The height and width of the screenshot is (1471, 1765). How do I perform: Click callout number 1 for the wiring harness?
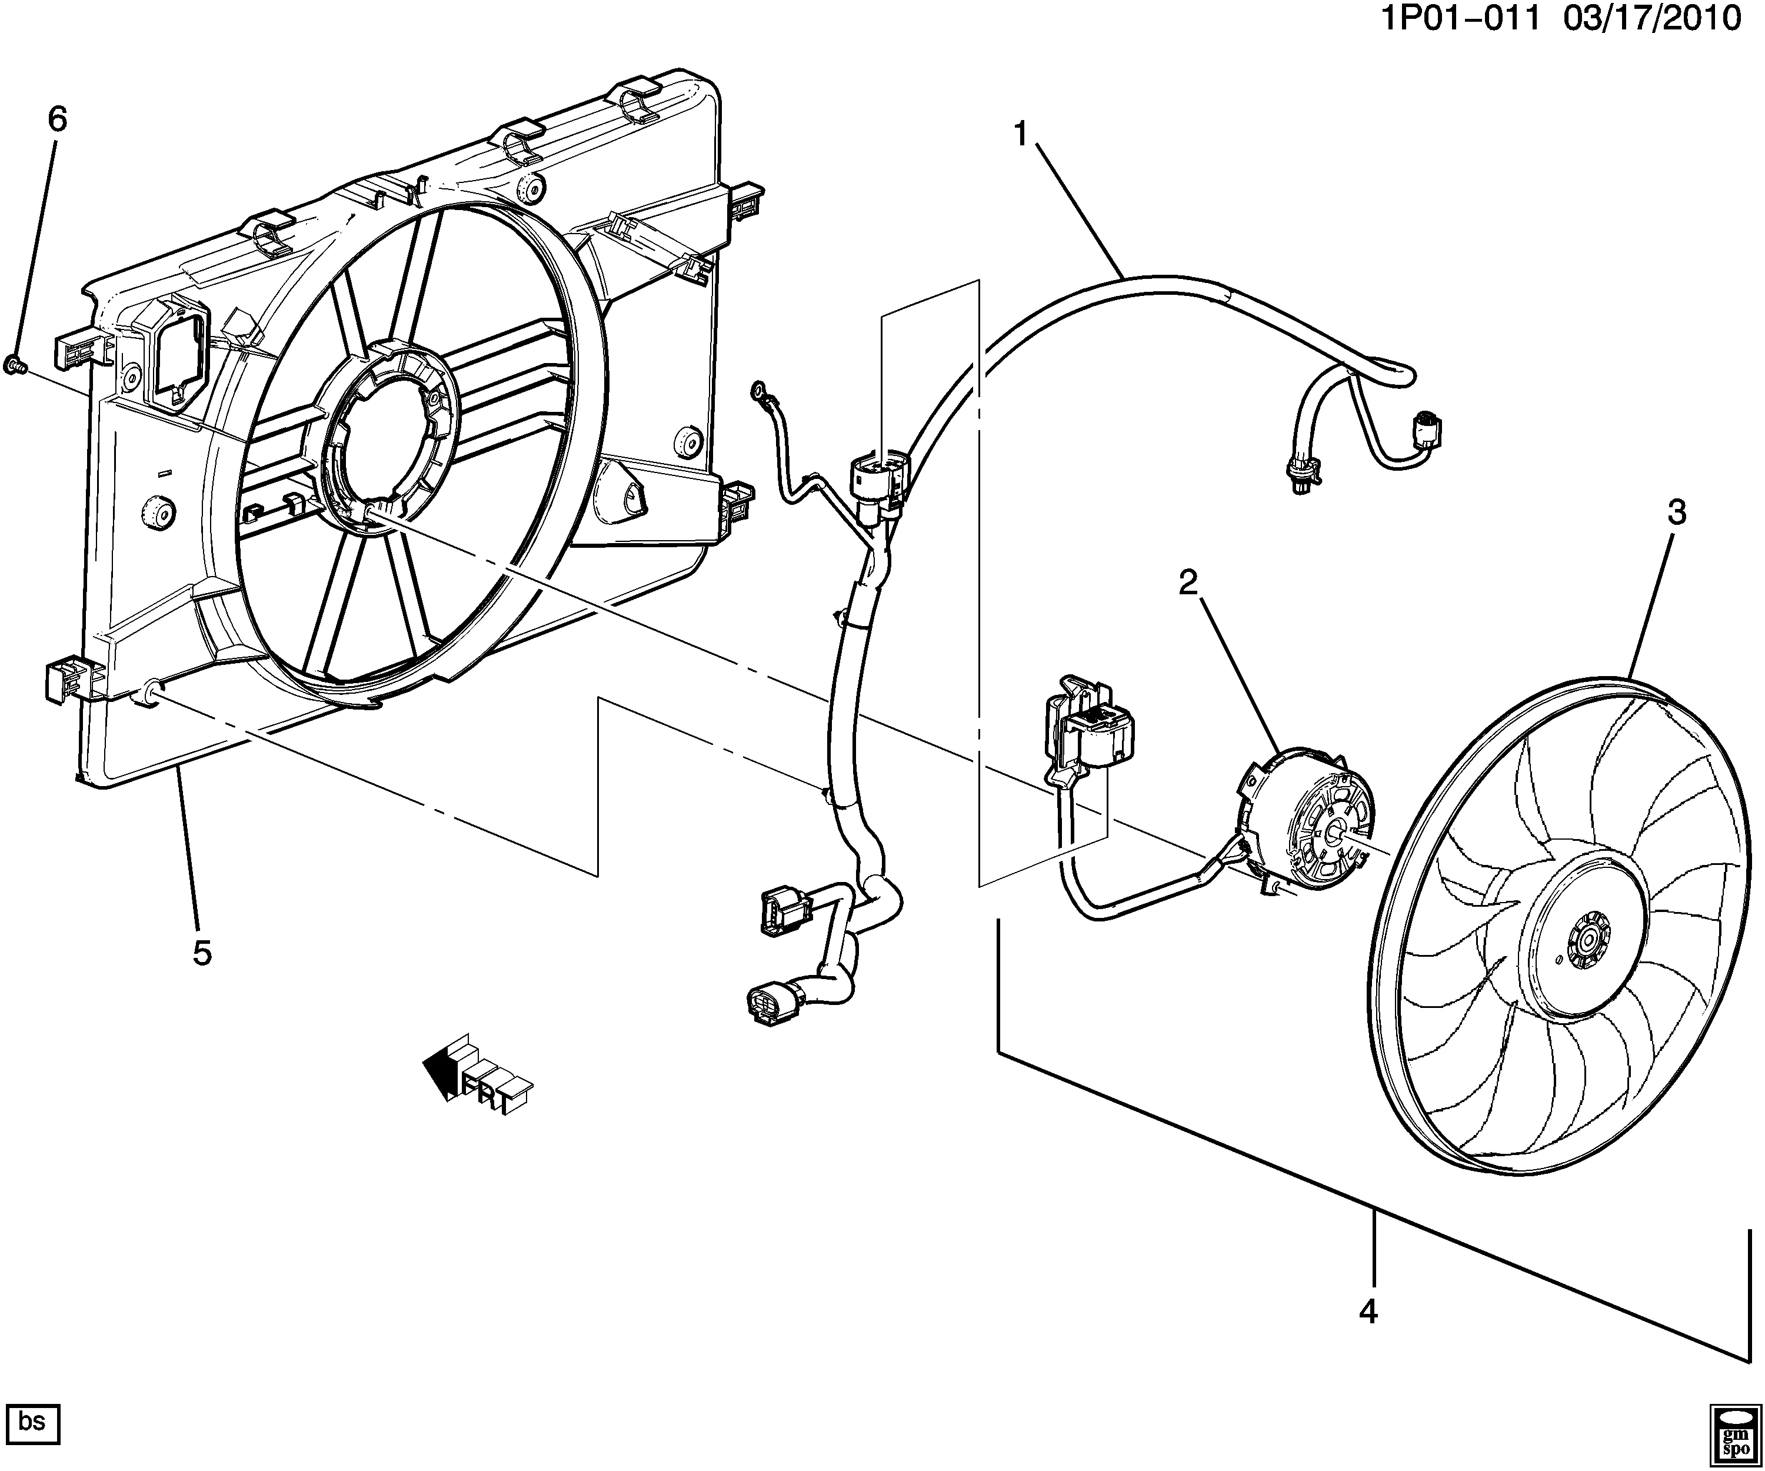click(1021, 134)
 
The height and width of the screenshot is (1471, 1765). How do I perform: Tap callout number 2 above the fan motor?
click(1188, 582)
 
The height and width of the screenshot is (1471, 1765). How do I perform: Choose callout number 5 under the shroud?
click(202, 953)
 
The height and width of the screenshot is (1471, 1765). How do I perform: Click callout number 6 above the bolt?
click(56, 119)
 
